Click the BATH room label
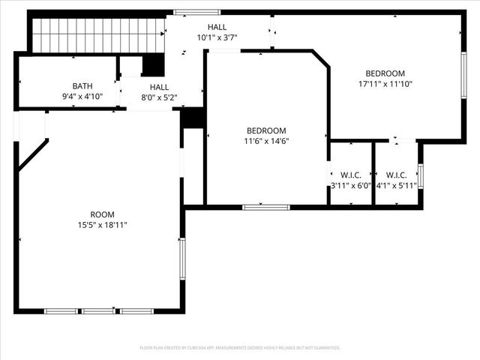[82, 85]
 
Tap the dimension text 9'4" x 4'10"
[82, 96]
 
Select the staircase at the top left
[98, 35]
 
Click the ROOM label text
[103, 214]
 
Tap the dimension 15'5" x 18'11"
[103, 224]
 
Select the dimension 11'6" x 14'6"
[266, 140]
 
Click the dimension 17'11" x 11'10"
[385, 84]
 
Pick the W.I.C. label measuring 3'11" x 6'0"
[351, 175]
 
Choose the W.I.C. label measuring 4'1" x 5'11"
[396, 175]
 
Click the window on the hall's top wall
[186, 12]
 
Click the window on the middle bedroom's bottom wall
[266, 207]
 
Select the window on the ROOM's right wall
[181, 259]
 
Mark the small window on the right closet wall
[421, 176]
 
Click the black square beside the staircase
[153, 65]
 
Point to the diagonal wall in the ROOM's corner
[33, 155]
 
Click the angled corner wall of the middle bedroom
[320, 59]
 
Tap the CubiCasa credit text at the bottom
[240, 348]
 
